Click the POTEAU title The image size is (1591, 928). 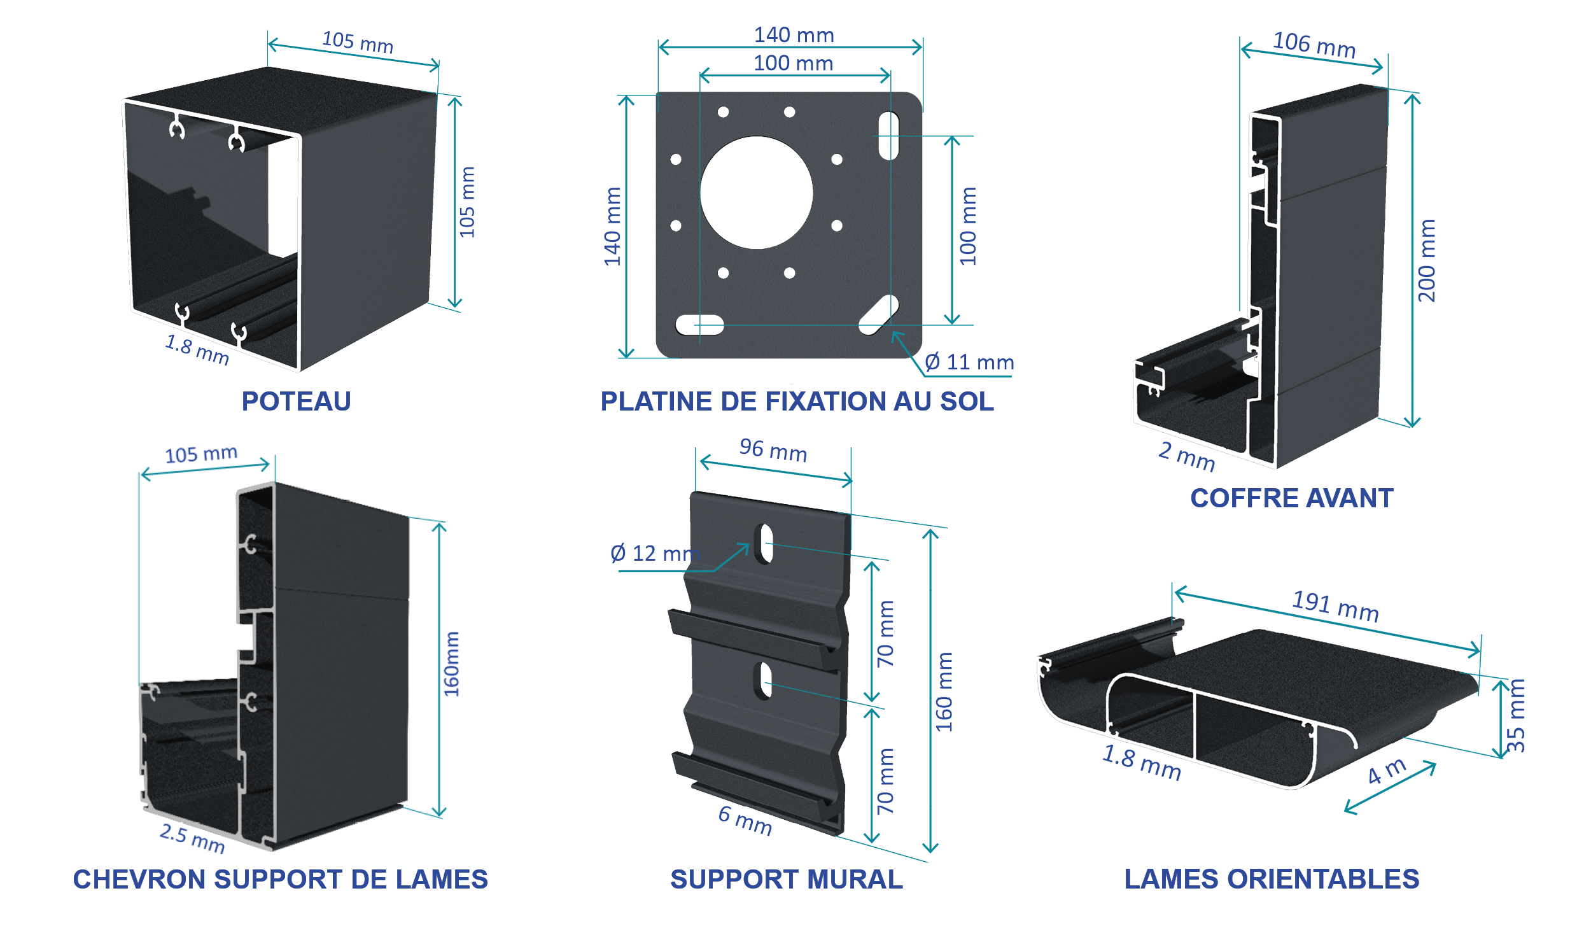[x=296, y=402]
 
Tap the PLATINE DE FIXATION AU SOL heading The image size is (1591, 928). [x=797, y=402]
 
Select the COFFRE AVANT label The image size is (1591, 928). [x=1291, y=498]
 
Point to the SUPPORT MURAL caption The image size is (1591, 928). [x=787, y=880]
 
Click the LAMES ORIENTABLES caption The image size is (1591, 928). [x=1272, y=880]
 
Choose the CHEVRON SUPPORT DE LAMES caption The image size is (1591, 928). [x=280, y=880]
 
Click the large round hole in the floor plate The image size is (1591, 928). [x=756, y=192]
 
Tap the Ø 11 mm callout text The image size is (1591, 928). [x=969, y=363]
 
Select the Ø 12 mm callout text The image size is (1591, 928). [x=655, y=554]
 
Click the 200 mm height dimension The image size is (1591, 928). [x=1427, y=261]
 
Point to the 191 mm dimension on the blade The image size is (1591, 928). [x=1335, y=606]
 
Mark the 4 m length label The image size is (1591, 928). [x=1387, y=771]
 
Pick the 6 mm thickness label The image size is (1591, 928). [x=745, y=820]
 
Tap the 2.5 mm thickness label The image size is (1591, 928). [x=192, y=838]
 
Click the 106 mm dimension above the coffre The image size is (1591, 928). [x=1314, y=45]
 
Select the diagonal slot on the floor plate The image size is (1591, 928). [x=879, y=314]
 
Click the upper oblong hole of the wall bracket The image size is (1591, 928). [x=764, y=544]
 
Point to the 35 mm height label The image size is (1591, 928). [x=1517, y=715]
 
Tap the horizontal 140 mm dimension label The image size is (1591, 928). [x=794, y=35]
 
